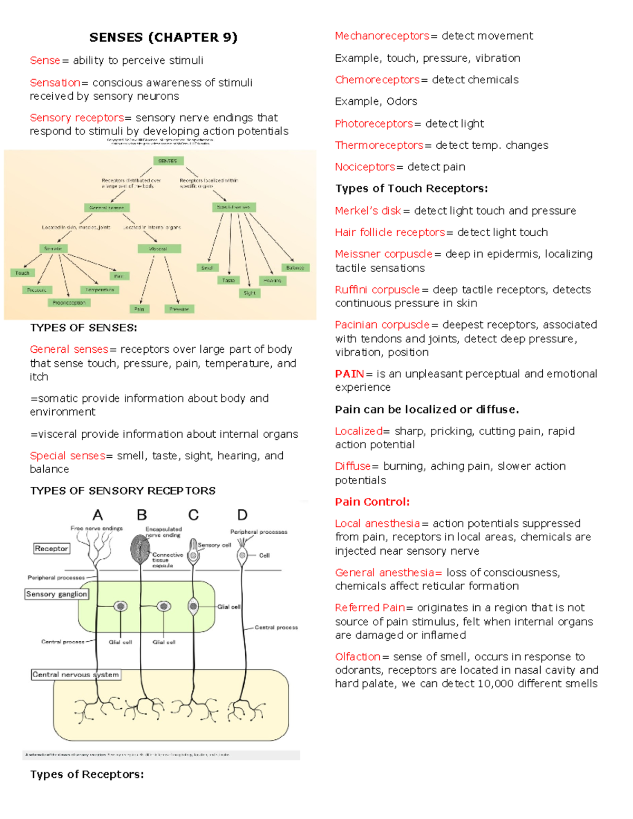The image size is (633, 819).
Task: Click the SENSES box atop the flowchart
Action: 168,161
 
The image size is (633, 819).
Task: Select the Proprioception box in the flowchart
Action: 69,303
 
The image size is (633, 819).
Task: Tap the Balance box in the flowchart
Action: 295,268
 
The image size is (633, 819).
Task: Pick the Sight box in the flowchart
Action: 250,293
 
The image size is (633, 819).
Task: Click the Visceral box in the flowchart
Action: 159,249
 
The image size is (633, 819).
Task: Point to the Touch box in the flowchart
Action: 22,273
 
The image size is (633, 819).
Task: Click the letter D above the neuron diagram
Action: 242,515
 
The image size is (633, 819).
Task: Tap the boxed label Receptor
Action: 51,548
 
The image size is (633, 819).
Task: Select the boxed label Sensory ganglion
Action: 56,594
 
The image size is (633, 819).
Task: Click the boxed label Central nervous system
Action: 76,675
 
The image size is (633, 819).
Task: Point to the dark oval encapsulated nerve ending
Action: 140,550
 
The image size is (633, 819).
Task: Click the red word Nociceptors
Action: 365,167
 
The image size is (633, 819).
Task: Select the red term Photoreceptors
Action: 374,124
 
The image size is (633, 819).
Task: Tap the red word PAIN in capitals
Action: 349,374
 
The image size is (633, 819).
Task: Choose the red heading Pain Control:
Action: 372,502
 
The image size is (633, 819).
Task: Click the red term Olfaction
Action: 358,657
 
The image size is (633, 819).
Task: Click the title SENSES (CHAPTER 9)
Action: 164,37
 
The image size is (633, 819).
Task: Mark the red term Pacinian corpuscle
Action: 382,325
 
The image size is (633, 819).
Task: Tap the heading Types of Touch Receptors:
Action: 411,189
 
